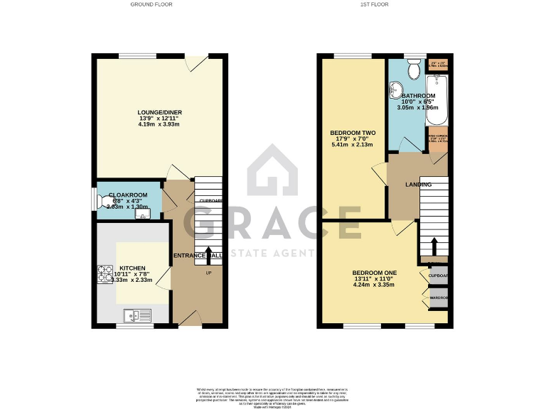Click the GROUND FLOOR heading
(x=151, y=4)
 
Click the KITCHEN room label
(x=133, y=269)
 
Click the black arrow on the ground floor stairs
(x=209, y=254)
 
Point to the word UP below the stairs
(x=208, y=273)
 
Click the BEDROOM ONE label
(x=375, y=273)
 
